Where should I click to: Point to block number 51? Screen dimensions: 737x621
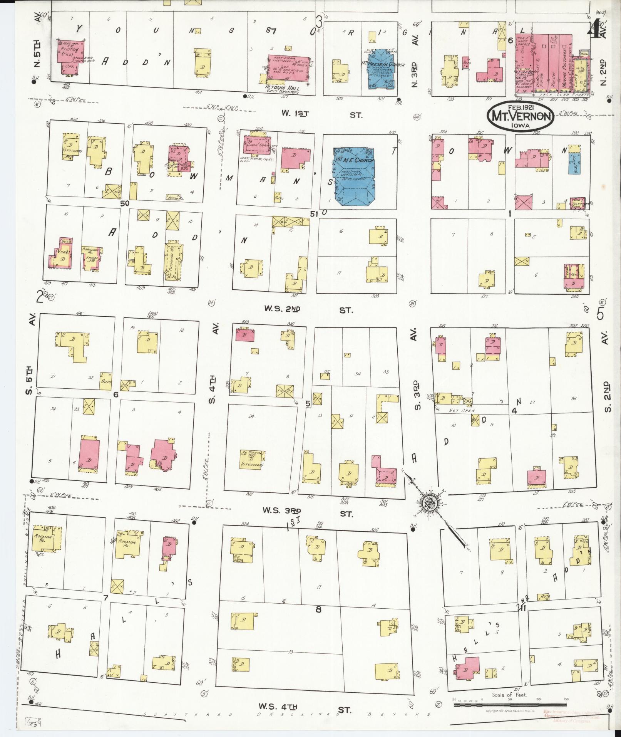click(x=314, y=214)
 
